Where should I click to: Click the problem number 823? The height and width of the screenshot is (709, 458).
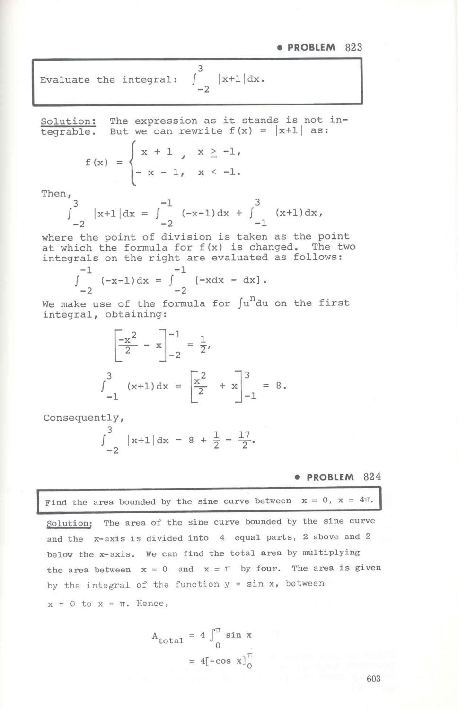tap(353, 47)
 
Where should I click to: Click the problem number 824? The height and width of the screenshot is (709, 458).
tap(372, 476)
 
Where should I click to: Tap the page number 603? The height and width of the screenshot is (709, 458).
tap(373, 679)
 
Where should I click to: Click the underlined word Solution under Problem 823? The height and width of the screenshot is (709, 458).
tap(68, 121)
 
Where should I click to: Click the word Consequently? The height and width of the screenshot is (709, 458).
tap(84, 418)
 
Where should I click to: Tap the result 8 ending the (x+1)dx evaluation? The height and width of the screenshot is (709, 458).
tap(279, 386)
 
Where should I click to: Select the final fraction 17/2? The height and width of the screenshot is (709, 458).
tap(244, 440)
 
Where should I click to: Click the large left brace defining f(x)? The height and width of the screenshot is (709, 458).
tap(133, 163)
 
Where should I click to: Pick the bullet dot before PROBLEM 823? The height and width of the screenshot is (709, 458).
tap(280, 48)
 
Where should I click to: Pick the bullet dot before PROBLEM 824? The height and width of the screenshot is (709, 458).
tap(297, 477)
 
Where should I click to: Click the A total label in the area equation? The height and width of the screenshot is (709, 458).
tap(167, 638)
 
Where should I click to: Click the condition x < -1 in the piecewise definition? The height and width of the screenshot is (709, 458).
tap(219, 173)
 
